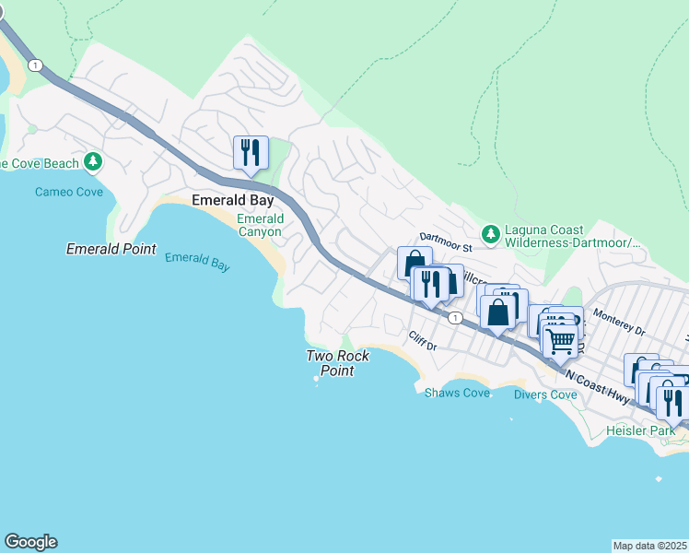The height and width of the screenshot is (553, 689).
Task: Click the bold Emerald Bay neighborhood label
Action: [x=232, y=200]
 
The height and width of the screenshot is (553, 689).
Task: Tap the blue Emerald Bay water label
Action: [x=196, y=262]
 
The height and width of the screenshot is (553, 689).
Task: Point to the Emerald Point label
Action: [x=111, y=249]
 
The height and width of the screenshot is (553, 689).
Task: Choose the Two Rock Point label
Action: [x=337, y=363]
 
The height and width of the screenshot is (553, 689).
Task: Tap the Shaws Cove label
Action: [x=457, y=393]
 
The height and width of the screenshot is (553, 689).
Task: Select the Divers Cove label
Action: [x=545, y=394]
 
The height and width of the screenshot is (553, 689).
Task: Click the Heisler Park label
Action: [x=640, y=430]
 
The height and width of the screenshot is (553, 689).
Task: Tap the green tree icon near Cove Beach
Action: [x=92, y=163]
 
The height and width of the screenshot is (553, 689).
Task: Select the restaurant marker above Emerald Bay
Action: [x=250, y=152]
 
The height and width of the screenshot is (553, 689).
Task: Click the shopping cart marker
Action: [x=560, y=341]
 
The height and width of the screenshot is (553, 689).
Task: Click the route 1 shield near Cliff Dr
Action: [x=455, y=317]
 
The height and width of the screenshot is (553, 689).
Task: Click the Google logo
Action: [x=30, y=542]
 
